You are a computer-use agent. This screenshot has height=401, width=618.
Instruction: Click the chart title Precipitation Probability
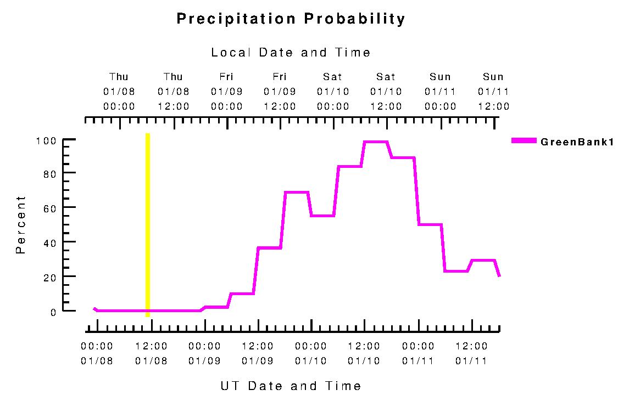pos(291,19)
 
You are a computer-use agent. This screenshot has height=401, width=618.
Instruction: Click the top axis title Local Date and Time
pos(291,53)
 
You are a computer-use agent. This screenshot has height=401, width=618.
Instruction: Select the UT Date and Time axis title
pos(291,386)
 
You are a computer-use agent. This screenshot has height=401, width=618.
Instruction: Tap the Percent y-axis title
pos(21,224)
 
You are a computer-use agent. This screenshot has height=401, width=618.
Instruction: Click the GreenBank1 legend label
pos(577,142)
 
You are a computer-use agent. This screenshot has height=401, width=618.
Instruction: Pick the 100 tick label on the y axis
pos(47,140)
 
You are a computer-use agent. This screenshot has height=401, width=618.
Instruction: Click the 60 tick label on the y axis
pos(50,207)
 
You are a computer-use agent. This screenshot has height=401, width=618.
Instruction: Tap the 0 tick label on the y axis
pos(53,312)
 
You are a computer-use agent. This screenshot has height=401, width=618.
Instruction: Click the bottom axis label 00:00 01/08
pos(97,354)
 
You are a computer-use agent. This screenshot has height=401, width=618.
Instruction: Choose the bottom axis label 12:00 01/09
pos(258,354)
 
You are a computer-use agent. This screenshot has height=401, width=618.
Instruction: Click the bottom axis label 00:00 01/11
pos(418,354)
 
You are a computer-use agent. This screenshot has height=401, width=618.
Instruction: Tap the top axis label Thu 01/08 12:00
pos(173,92)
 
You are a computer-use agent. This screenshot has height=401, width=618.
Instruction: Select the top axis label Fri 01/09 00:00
pos(226,92)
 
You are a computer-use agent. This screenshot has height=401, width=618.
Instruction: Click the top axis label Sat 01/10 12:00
pos(386,92)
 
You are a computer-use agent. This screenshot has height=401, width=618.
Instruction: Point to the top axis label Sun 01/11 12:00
pos(493,92)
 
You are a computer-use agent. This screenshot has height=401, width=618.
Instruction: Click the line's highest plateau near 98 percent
pos(376,142)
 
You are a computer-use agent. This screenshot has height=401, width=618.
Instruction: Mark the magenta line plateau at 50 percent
pos(430,224)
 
